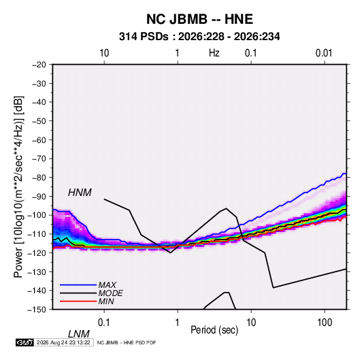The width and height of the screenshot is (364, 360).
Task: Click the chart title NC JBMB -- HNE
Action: [x=199, y=19]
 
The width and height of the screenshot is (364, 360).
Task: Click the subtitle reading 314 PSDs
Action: [x=144, y=37]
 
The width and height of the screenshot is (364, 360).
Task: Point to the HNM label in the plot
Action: [x=80, y=193]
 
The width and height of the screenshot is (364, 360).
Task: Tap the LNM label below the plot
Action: [x=78, y=334]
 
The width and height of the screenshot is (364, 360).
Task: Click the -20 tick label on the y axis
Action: [x=39, y=65]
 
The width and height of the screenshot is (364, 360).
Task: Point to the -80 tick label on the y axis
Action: [x=39, y=178]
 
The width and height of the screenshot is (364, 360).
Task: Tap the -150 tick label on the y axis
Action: [x=37, y=310]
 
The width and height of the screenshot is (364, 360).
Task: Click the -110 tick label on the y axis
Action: [x=37, y=234]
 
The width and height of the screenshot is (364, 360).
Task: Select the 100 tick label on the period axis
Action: [x=325, y=323]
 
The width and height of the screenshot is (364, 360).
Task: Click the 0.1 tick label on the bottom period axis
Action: [x=104, y=323]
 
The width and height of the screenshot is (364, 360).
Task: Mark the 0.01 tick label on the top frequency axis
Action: [x=324, y=53]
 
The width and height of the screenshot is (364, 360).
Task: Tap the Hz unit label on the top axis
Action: [x=214, y=53]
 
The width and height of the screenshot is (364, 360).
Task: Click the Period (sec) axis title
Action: [x=214, y=330]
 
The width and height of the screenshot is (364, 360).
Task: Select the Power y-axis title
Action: [x=18, y=187]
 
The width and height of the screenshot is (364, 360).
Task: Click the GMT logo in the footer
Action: [x=24, y=342]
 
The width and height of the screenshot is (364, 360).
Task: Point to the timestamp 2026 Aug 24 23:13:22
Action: [x=63, y=342]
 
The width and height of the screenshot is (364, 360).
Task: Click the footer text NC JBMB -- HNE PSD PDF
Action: [x=127, y=342]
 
